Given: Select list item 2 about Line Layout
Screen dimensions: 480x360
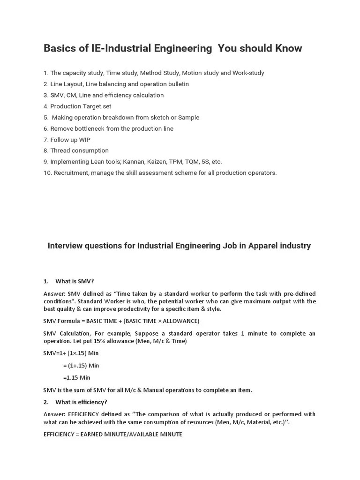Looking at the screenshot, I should click(116, 84).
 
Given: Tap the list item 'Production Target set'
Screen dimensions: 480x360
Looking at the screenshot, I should click(77, 106).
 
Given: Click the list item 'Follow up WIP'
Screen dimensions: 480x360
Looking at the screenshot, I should click(67, 140).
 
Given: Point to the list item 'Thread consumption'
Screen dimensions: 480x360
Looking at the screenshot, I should click(76, 150).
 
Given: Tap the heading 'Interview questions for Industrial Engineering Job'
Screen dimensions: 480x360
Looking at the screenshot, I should click(179, 246).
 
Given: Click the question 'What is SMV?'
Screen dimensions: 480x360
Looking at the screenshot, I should click(75, 281).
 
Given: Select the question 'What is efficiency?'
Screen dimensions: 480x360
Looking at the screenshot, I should click(81, 402).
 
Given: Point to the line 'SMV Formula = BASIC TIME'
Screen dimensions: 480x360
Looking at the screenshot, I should click(121, 321).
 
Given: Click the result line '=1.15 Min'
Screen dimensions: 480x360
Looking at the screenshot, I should click(76, 378).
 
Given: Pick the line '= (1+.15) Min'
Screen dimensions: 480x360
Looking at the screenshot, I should click(81, 366).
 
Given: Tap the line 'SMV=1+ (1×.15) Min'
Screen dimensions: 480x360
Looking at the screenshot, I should click(71, 353).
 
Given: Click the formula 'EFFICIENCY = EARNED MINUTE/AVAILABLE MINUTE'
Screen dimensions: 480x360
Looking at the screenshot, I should click(112, 435).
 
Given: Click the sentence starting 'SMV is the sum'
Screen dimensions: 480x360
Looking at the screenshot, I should click(147, 390).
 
